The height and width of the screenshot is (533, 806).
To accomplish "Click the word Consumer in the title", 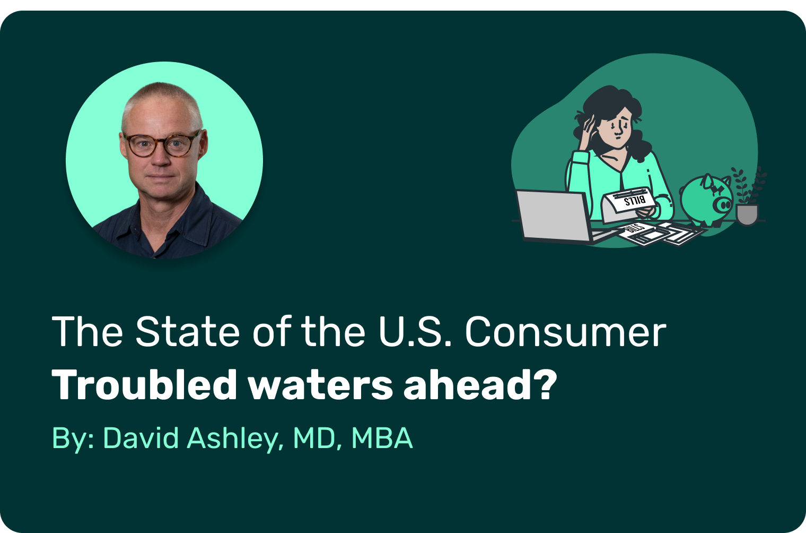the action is pos(566,331).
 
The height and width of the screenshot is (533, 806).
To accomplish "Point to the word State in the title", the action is pos(188,331).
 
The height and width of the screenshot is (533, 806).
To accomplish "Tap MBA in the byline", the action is pos(382,439).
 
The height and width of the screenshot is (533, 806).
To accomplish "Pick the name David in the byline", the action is pos(141,439).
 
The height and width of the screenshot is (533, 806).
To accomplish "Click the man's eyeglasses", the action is pos(162,144).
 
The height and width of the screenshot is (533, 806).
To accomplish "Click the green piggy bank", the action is pos(706,200).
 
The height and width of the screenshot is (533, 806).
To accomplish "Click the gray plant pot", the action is pos(747,214).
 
